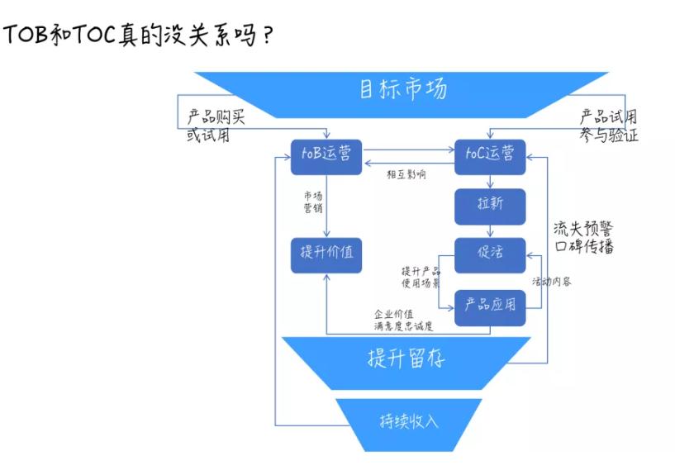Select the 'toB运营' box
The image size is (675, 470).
[326, 154]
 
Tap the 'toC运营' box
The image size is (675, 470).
[490, 154]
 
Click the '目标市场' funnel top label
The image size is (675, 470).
[403, 89]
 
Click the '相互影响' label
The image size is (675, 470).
[406, 175]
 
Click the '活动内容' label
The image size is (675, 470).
[551, 282]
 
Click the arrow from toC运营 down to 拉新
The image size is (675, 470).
[490, 182]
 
